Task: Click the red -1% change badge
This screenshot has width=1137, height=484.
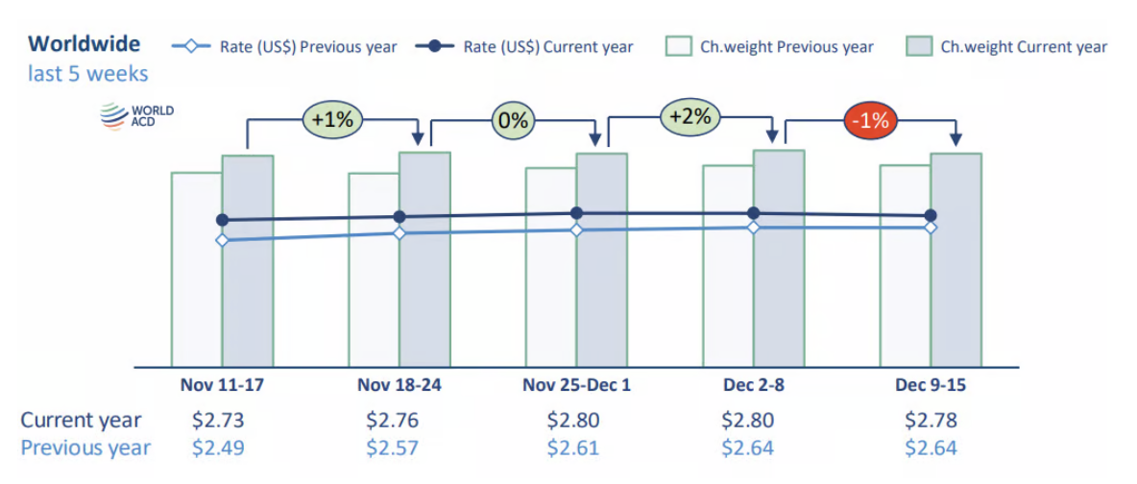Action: coord(872,121)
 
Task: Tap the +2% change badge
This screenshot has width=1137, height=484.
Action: coord(690,117)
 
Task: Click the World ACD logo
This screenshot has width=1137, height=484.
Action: coord(137,116)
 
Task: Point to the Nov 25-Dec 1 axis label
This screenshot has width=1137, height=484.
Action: coord(576,384)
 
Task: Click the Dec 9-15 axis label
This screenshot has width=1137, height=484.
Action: coord(931,384)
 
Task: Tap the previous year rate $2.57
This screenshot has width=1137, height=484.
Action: coord(392,448)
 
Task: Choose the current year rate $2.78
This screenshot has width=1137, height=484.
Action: coord(931,421)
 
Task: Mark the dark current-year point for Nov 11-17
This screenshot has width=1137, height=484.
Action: coord(223,220)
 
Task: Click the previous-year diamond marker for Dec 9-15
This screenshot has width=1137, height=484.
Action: coord(931,228)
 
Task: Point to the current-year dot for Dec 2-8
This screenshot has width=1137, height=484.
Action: coord(754,213)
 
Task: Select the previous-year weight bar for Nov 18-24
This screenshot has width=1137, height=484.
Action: coord(374,288)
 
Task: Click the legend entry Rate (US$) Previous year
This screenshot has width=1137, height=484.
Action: coord(284,46)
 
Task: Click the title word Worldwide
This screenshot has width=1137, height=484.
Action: coord(85,43)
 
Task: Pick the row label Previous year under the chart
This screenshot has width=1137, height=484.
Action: coord(85,448)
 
